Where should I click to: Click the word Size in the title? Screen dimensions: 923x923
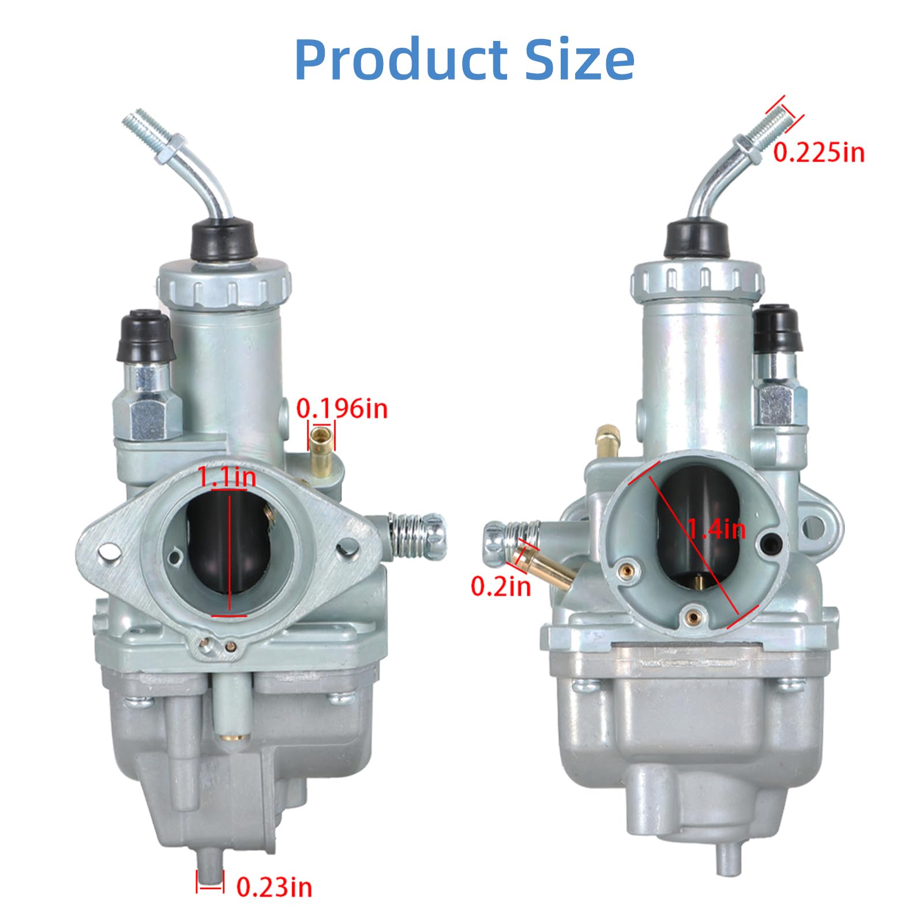(x=579, y=60)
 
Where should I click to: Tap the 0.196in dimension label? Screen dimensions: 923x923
(x=342, y=408)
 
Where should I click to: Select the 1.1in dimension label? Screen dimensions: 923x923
(x=227, y=477)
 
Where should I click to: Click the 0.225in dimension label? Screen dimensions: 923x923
(x=819, y=152)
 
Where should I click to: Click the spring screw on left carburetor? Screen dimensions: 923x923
(x=417, y=535)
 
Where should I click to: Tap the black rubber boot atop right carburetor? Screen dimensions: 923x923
(x=697, y=237)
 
